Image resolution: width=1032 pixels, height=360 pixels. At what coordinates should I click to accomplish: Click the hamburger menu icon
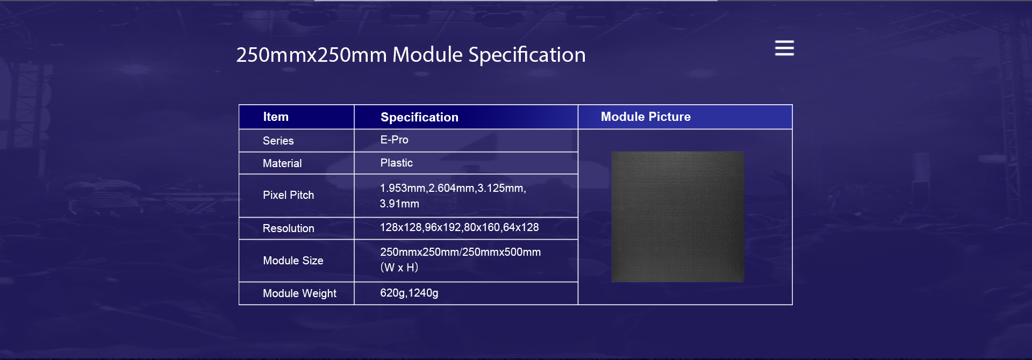pos(784,48)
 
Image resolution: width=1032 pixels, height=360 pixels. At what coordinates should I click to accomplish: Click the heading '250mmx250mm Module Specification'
pos(411,55)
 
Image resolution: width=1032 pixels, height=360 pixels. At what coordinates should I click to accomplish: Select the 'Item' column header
pos(276,117)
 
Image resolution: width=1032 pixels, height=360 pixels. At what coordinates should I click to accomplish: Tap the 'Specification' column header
pos(419,117)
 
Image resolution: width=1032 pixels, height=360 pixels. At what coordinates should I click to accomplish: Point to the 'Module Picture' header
pos(646,117)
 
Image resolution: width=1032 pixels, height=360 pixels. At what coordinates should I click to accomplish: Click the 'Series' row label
pos(278,141)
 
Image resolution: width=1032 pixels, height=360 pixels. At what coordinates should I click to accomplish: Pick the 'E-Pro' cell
pos(394,140)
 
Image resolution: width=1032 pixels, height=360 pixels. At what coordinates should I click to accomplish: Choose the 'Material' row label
pos(282,163)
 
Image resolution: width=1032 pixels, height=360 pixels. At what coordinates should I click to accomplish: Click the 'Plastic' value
pos(396,163)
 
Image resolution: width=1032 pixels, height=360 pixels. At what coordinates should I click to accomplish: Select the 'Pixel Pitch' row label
pos(288,195)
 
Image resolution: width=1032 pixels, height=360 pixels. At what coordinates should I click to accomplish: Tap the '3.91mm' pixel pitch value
pos(399,204)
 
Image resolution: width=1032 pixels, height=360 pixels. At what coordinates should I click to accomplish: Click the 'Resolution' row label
pos(288,228)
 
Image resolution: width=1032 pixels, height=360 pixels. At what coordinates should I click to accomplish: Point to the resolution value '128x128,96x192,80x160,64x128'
pos(459,227)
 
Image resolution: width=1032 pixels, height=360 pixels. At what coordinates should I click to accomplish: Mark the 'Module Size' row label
pos(293,261)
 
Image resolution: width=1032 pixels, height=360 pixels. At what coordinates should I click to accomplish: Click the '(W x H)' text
pos(399,267)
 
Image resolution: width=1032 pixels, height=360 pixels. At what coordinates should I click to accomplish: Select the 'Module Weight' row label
pos(299,293)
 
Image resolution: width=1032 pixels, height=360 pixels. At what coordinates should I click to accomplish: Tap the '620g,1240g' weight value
pos(409,293)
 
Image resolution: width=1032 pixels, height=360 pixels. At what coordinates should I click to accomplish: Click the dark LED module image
pos(678,217)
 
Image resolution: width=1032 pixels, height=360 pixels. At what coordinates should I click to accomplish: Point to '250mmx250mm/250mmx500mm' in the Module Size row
pos(460,252)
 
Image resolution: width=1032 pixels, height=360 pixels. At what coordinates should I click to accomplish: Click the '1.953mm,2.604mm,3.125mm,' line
pos(453,188)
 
